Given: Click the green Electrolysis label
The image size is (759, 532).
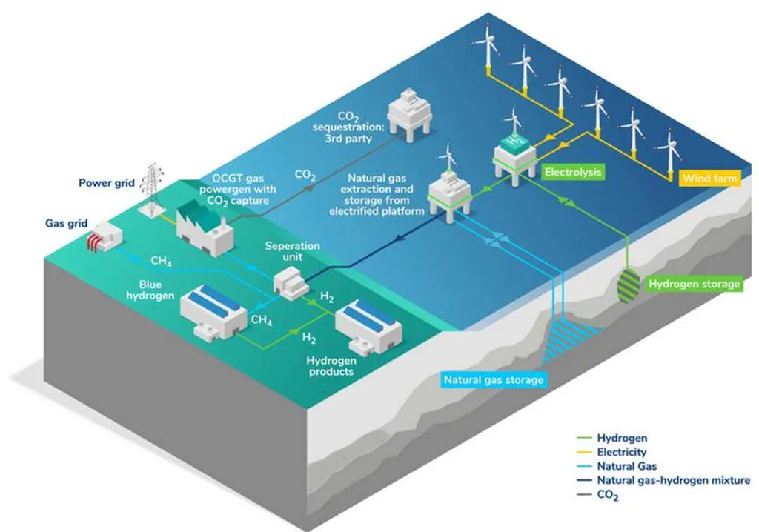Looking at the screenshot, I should (573, 173).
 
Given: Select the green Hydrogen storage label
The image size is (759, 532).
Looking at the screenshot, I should (694, 283).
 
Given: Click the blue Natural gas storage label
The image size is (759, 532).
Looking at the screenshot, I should (494, 380).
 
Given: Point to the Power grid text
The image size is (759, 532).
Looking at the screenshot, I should (107, 182).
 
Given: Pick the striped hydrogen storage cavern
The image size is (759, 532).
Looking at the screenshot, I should (629, 283).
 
